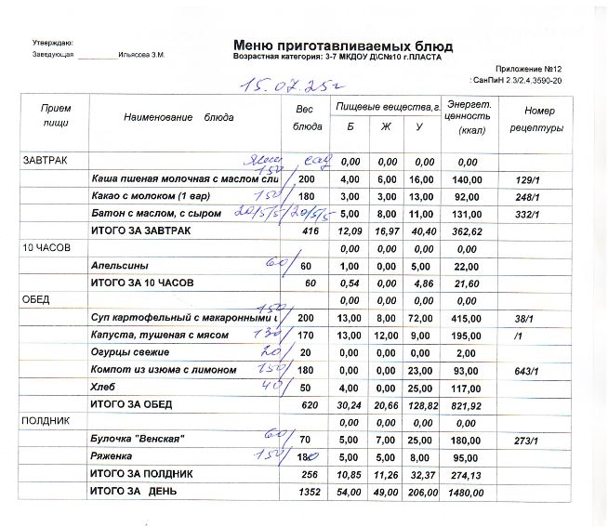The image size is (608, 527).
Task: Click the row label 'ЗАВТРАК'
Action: [x=45, y=162]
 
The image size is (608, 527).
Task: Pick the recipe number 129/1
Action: [x=527, y=178]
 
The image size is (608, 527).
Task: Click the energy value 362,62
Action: [x=462, y=231]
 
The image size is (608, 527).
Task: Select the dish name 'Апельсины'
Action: [x=113, y=266]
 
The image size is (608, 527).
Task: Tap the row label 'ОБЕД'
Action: [x=37, y=300]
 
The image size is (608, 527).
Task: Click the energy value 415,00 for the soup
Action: [x=462, y=318]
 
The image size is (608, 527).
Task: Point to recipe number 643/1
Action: [x=527, y=370]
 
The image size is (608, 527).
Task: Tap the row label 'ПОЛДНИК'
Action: [x=45, y=421]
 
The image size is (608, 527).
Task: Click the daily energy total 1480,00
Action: [x=462, y=491]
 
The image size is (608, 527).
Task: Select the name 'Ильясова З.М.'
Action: [x=141, y=55]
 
